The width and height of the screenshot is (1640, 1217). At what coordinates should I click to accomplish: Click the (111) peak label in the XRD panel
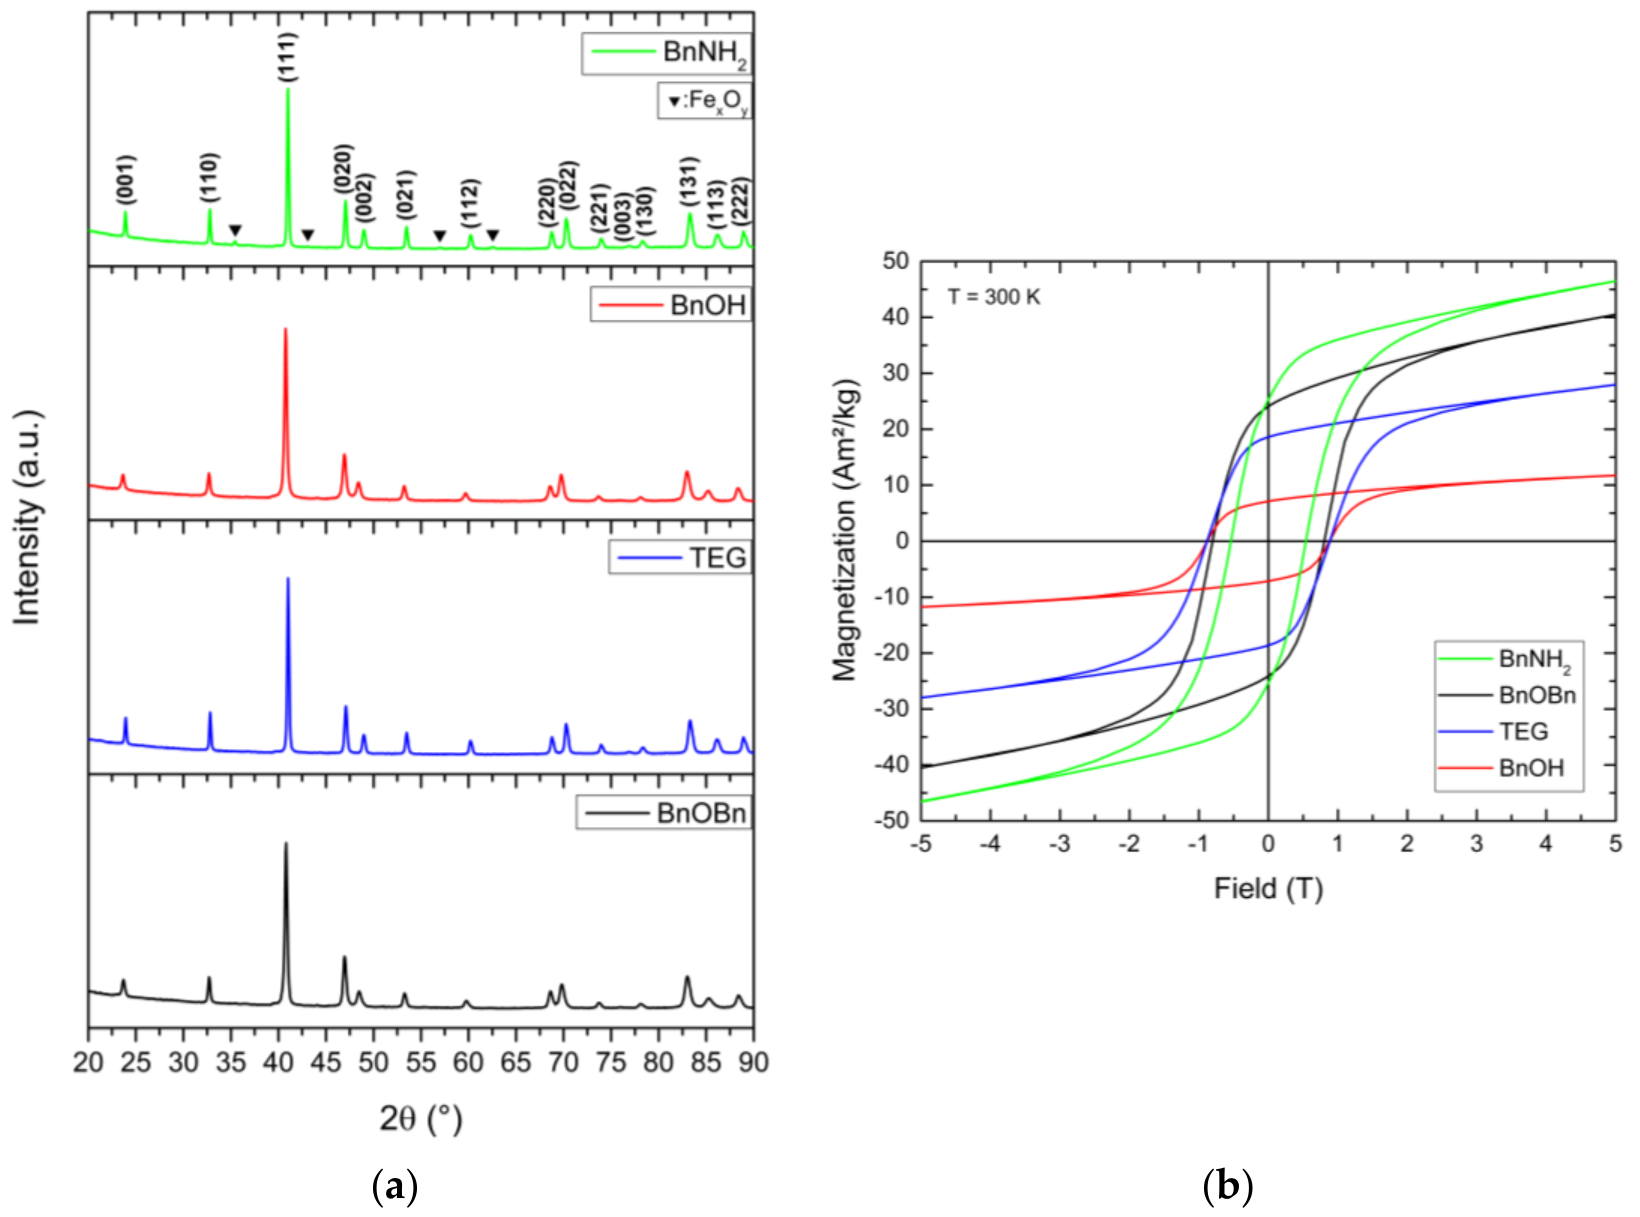288,57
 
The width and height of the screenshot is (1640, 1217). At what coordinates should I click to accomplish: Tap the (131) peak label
688,181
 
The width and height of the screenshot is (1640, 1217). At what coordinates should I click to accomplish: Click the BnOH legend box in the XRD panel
670,304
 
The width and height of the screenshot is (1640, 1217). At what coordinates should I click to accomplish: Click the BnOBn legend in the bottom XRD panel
663,812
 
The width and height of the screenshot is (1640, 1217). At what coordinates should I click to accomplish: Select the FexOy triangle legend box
704,101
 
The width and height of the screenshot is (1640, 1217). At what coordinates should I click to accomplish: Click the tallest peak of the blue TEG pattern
287,579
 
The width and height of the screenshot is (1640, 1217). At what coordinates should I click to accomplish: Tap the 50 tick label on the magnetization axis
895,261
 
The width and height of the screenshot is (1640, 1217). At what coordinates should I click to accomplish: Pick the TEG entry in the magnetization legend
1523,731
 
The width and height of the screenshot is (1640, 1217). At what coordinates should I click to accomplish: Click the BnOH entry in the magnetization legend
1530,768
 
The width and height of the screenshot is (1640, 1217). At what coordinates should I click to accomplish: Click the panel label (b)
1227,1186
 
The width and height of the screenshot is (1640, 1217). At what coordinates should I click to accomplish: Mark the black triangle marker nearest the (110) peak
234,231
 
